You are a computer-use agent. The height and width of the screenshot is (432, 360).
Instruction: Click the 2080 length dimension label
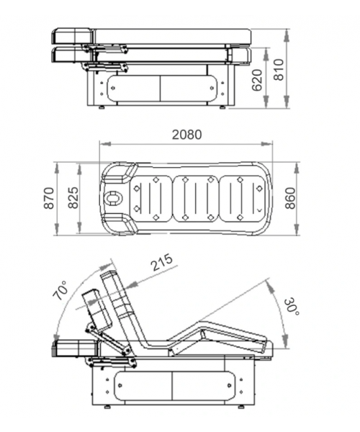tap(186, 135)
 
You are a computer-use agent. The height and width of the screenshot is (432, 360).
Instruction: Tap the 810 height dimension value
tap(279, 69)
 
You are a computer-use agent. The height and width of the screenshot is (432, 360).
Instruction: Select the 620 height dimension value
tap(257, 80)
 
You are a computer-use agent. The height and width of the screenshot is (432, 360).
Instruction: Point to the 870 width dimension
tap(49, 198)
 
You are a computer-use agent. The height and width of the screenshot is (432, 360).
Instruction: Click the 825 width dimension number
tap(73, 198)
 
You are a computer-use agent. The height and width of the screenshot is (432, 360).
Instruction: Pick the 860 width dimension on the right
tap(290, 199)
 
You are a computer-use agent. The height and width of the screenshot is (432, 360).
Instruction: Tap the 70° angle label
tap(61, 290)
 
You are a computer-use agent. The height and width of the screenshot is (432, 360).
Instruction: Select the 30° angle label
tap(291, 307)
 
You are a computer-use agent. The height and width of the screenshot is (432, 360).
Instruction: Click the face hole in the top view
tap(113, 198)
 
